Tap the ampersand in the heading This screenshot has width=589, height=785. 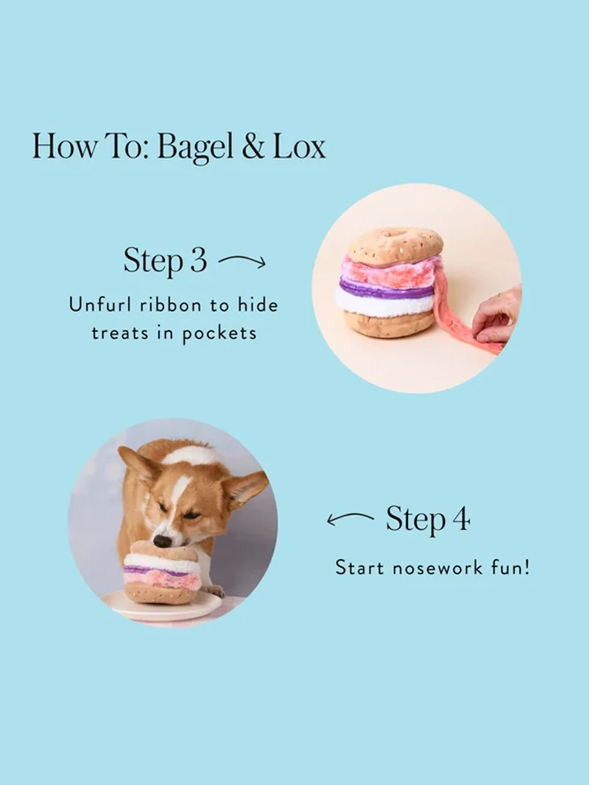[x=253, y=146]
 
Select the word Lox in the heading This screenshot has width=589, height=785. [x=299, y=146]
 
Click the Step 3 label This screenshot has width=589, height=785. [x=165, y=261]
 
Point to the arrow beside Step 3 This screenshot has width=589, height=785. [x=242, y=260]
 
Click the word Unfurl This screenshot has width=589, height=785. [x=101, y=305]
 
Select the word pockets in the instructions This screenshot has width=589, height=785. [x=219, y=333]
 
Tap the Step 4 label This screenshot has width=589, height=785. [x=428, y=519]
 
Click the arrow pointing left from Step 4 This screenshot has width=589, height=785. [x=350, y=518]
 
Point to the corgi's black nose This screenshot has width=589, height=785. [x=161, y=540]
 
